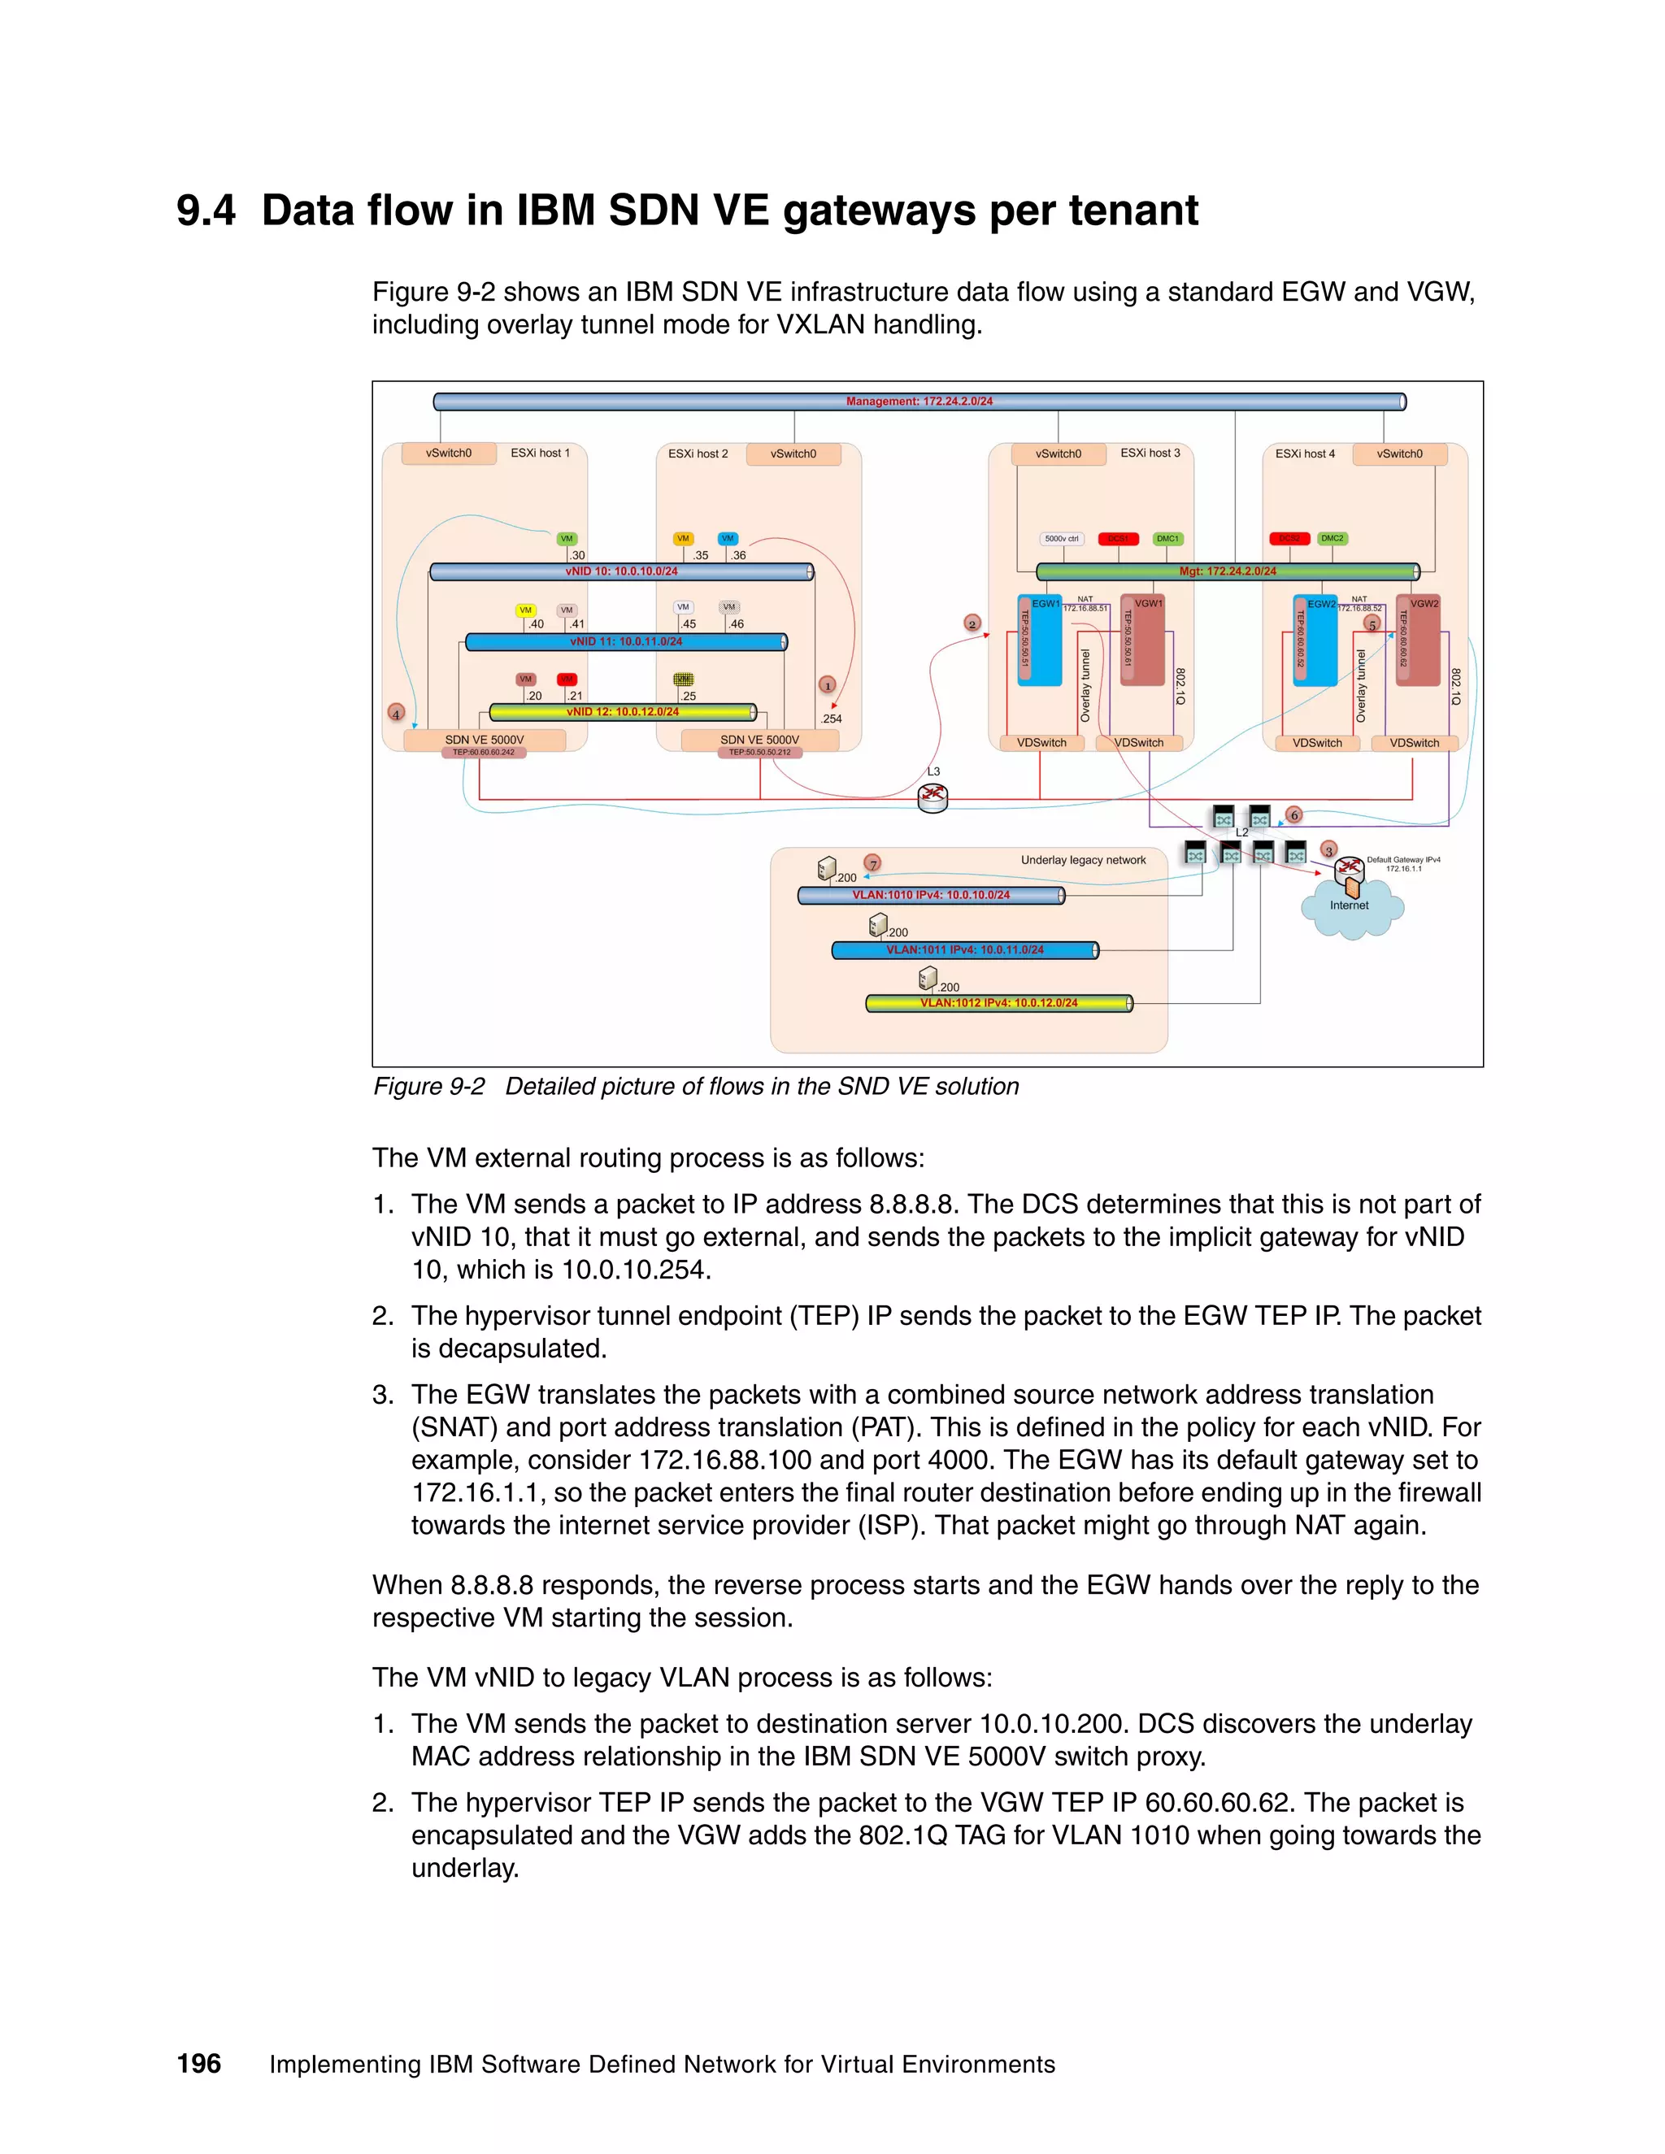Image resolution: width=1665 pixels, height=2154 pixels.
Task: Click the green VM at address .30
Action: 566,538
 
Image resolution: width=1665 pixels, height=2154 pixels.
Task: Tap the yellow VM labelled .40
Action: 526,610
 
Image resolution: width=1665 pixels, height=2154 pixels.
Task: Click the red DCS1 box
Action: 1118,538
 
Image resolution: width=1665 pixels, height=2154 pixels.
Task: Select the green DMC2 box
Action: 1332,538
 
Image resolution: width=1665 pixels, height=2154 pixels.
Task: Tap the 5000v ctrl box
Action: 1061,538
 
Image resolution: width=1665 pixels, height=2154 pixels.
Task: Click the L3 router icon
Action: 932,797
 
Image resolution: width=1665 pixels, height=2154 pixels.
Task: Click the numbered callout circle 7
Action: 873,864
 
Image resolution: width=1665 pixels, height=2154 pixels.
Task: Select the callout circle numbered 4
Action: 396,713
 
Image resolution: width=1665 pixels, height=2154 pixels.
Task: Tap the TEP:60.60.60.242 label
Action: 484,753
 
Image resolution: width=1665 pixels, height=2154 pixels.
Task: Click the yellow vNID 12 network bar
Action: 623,712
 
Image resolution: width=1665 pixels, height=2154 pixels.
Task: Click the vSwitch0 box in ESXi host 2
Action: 793,454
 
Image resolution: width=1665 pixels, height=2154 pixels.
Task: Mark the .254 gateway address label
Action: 832,719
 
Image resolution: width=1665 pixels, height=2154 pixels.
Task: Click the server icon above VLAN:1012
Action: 927,977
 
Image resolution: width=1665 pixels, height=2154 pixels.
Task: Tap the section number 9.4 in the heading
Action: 206,211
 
